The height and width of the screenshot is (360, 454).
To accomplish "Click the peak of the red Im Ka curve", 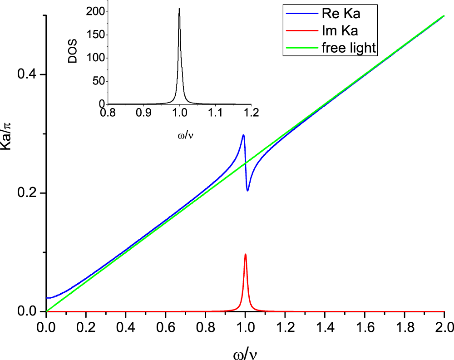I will [246, 254].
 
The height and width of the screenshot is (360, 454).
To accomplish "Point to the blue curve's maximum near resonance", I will [243, 135].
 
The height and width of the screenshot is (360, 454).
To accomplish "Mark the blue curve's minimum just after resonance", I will [248, 191].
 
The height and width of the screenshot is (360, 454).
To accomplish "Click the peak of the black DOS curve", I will [179, 9].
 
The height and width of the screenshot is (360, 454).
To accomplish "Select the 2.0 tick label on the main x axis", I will [444, 326].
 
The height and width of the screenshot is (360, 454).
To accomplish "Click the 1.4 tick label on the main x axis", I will [325, 326].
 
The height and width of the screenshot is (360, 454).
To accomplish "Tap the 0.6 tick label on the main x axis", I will [166, 326].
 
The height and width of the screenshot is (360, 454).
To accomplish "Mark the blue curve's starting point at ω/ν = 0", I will [47, 298].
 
